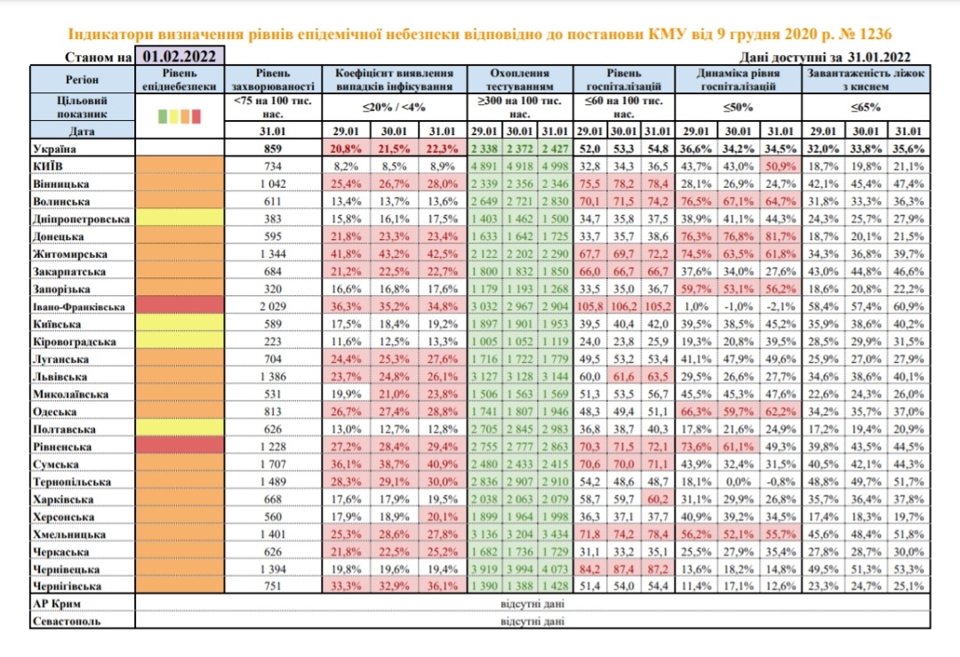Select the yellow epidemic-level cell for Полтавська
click(184, 429)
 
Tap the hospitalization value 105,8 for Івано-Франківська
click(589, 305)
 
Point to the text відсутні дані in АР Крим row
click(531, 604)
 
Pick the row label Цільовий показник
click(69, 108)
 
